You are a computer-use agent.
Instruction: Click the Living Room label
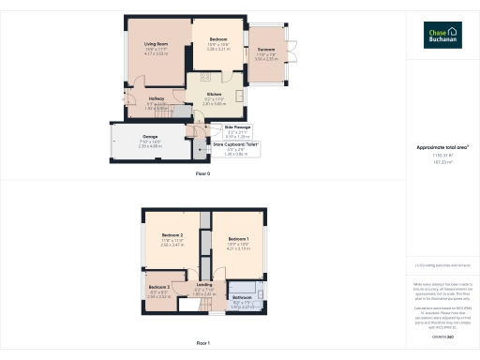coord(156,44)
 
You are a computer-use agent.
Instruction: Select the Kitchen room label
coord(213,95)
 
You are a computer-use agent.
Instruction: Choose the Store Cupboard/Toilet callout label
coord(235,144)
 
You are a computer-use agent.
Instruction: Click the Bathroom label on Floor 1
coord(242,297)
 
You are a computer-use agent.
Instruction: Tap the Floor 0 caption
coord(202,173)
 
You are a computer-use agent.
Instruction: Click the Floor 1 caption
coord(202,344)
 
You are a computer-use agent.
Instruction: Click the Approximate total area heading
coord(442,148)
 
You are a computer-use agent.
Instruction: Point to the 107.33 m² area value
coord(442,162)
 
